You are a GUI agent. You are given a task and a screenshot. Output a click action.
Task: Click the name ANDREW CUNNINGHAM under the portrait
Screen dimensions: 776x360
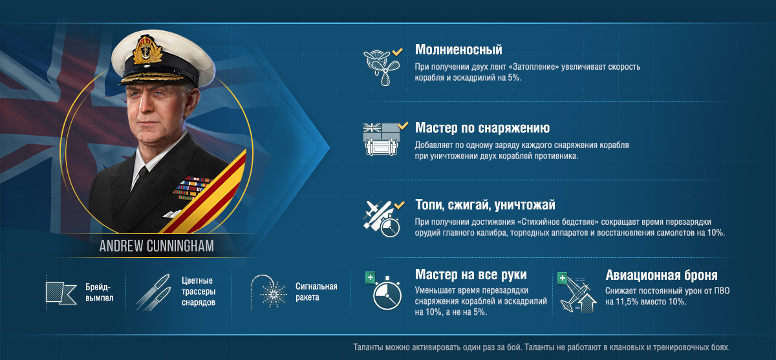pos(156,246)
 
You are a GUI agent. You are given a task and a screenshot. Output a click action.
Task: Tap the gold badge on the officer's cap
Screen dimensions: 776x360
pos(147,50)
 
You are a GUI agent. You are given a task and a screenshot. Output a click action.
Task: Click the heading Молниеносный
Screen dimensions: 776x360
pos(458,50)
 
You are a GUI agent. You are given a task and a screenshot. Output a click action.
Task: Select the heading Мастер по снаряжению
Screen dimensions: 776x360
pos(482,128)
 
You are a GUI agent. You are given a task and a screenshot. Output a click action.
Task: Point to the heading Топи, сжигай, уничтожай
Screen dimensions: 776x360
pos(485,205)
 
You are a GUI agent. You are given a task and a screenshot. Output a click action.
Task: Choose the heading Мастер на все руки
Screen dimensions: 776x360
pos(471,275)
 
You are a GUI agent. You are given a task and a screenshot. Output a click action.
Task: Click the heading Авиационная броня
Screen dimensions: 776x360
pos(662,275)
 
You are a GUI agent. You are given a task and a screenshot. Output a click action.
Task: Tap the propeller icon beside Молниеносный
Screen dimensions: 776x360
pos(382,67)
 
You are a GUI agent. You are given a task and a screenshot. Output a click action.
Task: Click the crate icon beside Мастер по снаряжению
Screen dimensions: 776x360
pos(381,140)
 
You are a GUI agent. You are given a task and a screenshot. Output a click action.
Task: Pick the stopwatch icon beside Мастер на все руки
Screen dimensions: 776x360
pos(387,293)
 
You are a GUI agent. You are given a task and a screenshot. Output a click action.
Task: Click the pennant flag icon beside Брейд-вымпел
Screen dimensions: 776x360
pos(61,293)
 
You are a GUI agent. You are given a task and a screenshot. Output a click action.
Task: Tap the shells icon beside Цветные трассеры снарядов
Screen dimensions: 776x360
pos(153,293)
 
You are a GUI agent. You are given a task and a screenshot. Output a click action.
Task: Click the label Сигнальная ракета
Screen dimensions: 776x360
pos(316,291)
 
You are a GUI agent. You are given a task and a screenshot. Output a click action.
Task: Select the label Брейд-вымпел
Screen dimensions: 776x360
pos(99,292)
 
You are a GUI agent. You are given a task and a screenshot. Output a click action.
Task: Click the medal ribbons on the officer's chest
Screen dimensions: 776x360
pos(191,187)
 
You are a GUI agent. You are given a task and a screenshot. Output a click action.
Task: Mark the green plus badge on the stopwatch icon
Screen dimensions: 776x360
pos(371,277)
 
